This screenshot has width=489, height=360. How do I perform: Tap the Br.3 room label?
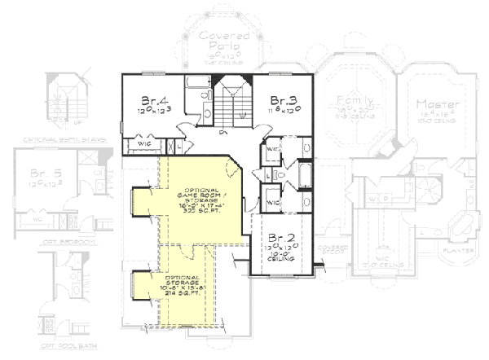pos(284,97)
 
